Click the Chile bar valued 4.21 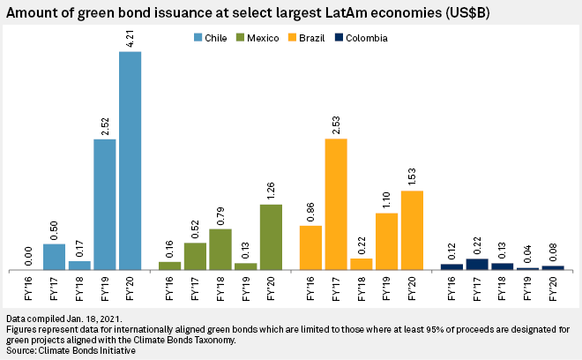130,161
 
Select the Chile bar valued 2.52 105,204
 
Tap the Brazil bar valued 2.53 336,204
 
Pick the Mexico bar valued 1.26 271,236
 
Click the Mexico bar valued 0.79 220,249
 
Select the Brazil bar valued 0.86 310,247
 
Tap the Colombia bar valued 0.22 477,264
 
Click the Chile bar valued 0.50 55,256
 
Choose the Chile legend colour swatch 198,38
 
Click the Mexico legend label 263,38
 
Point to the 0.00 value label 29,255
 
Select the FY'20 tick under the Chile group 130,287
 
